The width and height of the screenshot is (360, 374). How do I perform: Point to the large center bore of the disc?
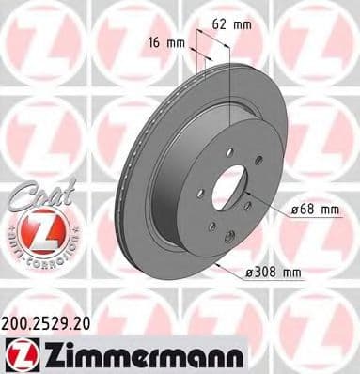pos(227,192)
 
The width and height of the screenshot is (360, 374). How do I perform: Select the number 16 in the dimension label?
pos(153,42)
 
